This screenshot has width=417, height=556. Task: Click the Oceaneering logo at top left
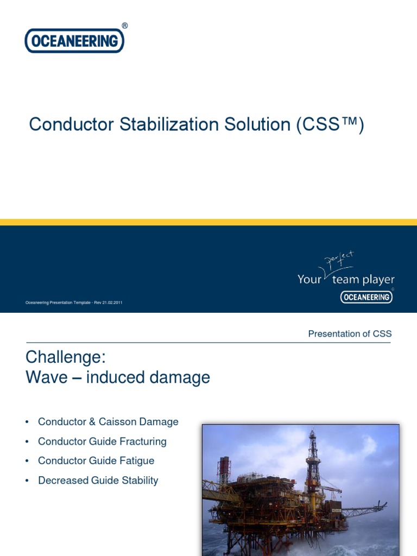74,41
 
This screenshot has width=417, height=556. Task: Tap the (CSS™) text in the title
330,124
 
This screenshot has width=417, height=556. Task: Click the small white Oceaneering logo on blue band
367,296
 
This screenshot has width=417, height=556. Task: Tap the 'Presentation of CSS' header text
350,334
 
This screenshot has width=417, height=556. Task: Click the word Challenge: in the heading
65,358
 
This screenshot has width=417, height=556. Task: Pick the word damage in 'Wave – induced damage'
182,377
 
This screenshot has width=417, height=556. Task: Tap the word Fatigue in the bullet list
135,461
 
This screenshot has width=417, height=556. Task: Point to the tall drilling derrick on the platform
312,462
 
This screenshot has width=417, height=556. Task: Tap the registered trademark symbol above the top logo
125,26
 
